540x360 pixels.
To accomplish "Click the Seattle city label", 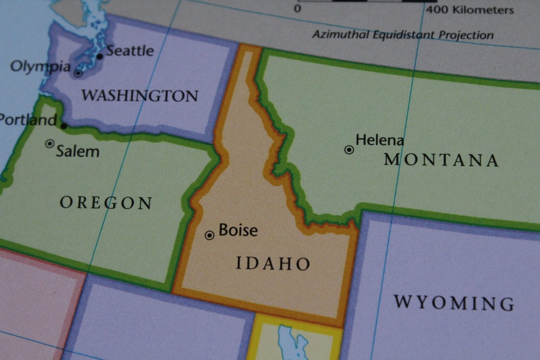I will tap(130, 51).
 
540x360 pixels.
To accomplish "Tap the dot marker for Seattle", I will tap(99, 56).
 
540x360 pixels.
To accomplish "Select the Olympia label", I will tap(40, 66).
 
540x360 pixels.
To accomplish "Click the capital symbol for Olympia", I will tap(78, 73).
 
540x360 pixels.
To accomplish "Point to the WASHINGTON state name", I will tap(140, 96).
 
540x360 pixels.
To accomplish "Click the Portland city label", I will tap(28, 119).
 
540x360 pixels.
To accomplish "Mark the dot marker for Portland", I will tap(64, 126).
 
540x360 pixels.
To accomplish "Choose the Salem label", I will tap(78, 151).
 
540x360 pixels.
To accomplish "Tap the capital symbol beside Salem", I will tap(50, 144).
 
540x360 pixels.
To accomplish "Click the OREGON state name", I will tap(106, 203).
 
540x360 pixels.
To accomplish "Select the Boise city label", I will tap(238, 230).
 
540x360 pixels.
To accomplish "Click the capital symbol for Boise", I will tap(210, 235).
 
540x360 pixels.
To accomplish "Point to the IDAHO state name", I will tap(273, 263).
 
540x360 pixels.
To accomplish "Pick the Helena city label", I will tap(380, 140).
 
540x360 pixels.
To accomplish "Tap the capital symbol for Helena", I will tap(349, 150).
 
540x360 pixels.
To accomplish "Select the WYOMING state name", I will tap(454, 302).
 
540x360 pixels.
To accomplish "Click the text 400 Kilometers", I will tap(470, 10).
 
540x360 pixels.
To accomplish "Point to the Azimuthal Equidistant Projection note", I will tap(403, 35).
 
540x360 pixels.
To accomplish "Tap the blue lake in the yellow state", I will tap(292, 342).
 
